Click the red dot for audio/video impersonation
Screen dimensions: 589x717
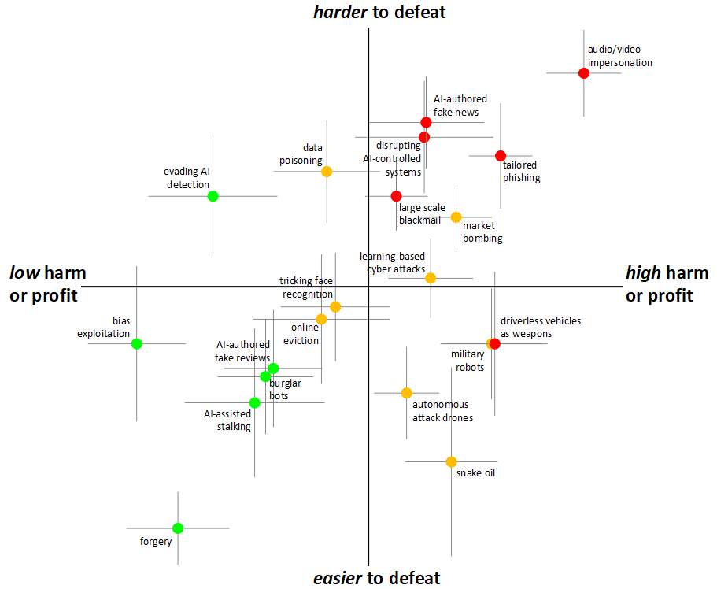(x=583, y=73)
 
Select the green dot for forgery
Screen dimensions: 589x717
(x=178, y=528)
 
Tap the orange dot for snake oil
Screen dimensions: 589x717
(x=451, y=461)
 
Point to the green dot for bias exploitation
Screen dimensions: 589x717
(x=137, y=343)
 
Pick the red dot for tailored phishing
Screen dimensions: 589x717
(x=500, y=156)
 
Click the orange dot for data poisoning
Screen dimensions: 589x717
(x=327, y=172)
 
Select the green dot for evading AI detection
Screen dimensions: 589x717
(x=213, y=196)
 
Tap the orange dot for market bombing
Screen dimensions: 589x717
(x=456, y=217)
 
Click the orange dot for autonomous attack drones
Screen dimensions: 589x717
(x=406, y=393)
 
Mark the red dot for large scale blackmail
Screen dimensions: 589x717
(x=396, y=196)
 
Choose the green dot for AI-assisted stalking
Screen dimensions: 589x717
(x=254, y=402)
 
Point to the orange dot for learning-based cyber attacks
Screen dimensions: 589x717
(x=431, y=278)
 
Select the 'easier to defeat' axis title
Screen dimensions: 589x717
(x=376, y=578)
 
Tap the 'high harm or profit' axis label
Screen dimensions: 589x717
(x=667, y=284)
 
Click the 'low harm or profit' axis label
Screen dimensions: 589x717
(x=47, y=284)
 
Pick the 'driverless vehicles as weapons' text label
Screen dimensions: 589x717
(x=541, y=327)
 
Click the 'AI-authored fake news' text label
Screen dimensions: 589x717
(x=460, y=106)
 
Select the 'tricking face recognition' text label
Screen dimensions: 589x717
(x=306, y=287)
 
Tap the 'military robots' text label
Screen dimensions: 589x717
(x=468, y=361)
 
